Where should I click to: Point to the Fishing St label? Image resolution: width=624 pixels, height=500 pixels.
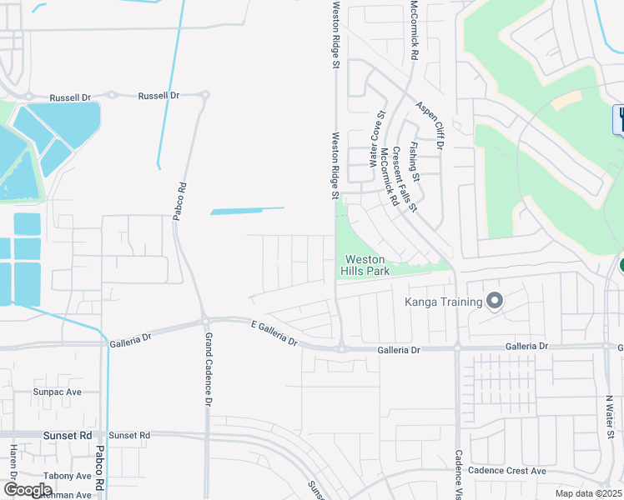pos(415,163)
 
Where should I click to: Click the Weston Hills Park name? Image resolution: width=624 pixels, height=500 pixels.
pos(366,265)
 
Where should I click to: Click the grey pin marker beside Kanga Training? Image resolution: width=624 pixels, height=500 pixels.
pos(495,301)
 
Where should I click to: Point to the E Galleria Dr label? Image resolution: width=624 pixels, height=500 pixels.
pos(274,332)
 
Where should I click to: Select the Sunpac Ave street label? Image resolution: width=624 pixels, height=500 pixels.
pos(58,391)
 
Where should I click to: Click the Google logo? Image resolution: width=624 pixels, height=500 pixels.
pos(28,490)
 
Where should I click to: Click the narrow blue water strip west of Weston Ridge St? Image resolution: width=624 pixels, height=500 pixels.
pos(247,210)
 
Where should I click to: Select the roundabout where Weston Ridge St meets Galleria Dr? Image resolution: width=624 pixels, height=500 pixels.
pos(342,348)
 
